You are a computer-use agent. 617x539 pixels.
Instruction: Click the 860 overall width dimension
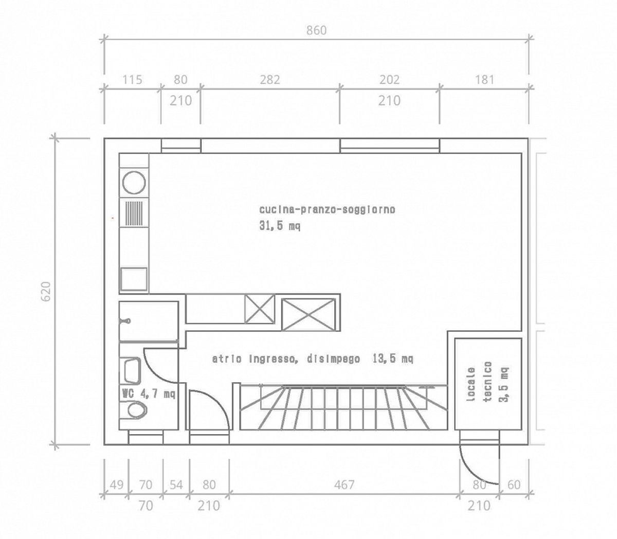(x=316, y=30)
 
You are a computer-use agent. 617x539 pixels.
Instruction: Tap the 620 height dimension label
(x=46, y=292)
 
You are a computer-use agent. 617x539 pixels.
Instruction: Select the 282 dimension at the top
(x=270, y=80)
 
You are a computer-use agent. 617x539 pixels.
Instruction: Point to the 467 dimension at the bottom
(x=344, y=484)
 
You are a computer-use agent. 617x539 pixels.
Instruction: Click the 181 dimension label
(x=485, y=80)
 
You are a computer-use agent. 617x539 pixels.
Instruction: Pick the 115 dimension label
(x=132, y=80)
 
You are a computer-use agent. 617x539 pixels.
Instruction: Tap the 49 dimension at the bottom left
(x=116, y=484)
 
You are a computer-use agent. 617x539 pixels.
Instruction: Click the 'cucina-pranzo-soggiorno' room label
(x=327, y=210)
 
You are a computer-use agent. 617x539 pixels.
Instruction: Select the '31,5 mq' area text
(x=280, y=226)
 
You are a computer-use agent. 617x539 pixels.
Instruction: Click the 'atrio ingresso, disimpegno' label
(x=286, y=359)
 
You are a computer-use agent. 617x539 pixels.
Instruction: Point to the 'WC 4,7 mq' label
(x=149, y=393)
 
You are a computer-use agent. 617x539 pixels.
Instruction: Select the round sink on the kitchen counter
(x=134, y=182)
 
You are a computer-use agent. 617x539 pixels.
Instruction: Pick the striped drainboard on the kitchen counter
(x=134, y=213)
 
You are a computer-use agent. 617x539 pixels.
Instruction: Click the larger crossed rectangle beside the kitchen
(x=308, y=314)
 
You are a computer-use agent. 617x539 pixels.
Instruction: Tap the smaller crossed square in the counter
(x=260, y=309)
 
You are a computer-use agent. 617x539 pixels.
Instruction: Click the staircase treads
(x=343, y=407)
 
